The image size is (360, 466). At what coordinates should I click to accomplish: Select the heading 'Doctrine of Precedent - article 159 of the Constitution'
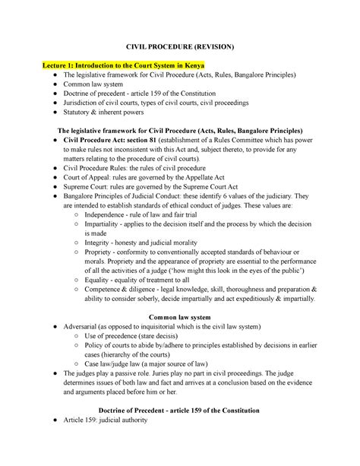coord(179,410)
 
